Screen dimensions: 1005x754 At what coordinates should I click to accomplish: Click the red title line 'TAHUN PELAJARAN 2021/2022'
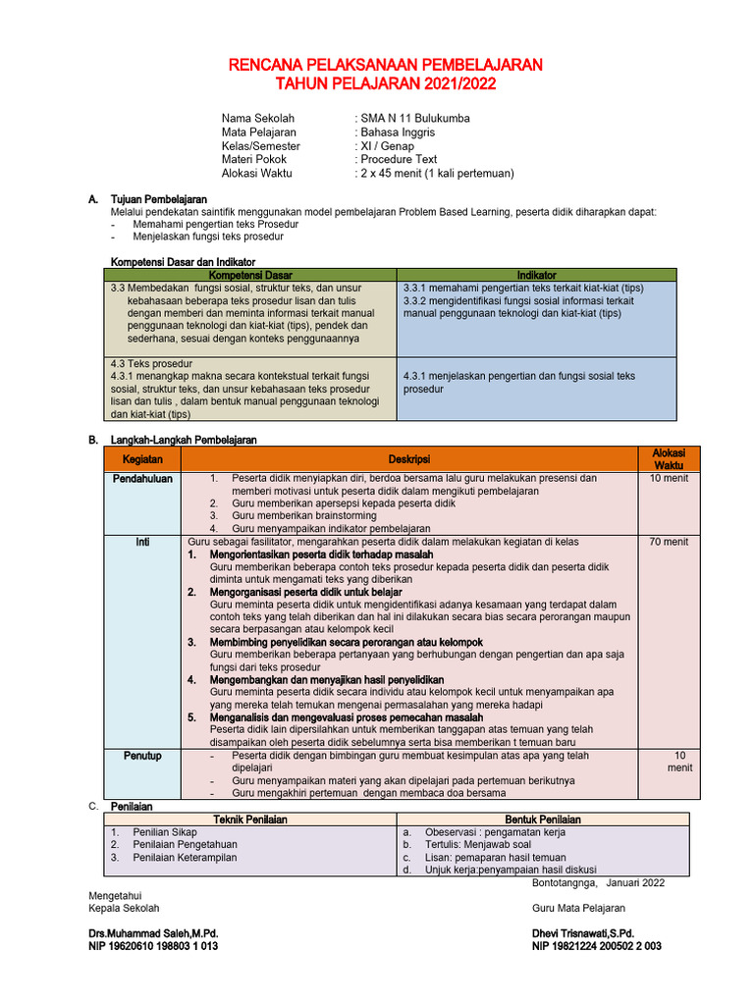385,84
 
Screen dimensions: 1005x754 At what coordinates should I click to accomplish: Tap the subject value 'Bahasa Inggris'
398,132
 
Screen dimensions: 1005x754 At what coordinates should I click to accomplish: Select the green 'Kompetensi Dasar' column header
250,275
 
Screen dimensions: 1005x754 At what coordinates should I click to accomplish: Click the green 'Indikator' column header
537,275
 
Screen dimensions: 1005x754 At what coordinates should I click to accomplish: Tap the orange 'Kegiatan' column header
142,459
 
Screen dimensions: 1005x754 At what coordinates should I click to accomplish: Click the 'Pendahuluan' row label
142,479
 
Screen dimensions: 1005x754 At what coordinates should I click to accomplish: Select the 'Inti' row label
142,542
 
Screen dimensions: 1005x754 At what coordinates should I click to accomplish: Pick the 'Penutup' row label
142,756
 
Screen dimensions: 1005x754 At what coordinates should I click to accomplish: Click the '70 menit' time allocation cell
669,542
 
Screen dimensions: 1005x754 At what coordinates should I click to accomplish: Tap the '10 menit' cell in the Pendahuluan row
669,479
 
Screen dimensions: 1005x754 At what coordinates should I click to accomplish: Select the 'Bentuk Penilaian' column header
543,820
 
